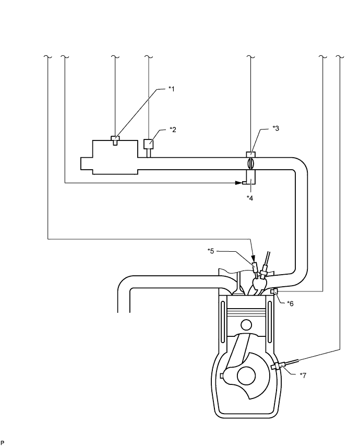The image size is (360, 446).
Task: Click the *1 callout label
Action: (x=171, y=89)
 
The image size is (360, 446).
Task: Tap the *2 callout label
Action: (x=173, y=130)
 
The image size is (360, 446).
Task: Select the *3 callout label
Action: (x=275, y=128)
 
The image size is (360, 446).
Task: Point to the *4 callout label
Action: (x=250, y=198)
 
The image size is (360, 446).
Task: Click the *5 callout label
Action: (x=211, y=251)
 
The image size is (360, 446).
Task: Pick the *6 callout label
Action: (x=290, y=303)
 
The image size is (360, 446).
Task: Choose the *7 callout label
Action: (x=303, y=375)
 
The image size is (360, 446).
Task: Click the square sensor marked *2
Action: (x=149, y=144)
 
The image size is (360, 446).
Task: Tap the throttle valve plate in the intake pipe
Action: (x=250, y=163)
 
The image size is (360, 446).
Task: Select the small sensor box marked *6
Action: (x=274, y=291)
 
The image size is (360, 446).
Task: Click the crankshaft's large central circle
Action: (x=246, y=377)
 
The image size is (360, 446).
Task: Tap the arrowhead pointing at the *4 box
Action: (x=238, y=183)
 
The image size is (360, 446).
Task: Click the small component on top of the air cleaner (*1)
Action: (x=115, y=140)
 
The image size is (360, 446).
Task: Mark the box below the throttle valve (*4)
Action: (x=250, y=177)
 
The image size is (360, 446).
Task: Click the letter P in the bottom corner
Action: (x=3, y=442)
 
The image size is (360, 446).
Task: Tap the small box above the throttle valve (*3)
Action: (x=250, y=155)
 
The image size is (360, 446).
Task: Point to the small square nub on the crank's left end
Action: (x=222, y=375)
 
